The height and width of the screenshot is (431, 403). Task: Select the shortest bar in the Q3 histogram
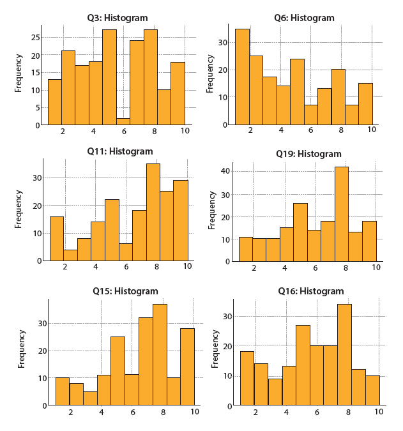[123, 121]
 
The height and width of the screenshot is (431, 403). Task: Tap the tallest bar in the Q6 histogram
[242, 77]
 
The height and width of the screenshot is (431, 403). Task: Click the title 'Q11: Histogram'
[120, 151]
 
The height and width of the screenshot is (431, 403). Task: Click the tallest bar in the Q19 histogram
[342, 214]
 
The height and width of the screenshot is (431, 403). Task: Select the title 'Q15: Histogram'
[126, 291]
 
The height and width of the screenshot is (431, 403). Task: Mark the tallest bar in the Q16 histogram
[344, 354]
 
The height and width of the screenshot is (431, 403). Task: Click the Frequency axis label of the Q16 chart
[215, 349]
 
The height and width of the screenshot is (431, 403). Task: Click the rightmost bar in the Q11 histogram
[181, 220]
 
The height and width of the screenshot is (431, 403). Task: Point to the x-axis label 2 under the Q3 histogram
[63, 131]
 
